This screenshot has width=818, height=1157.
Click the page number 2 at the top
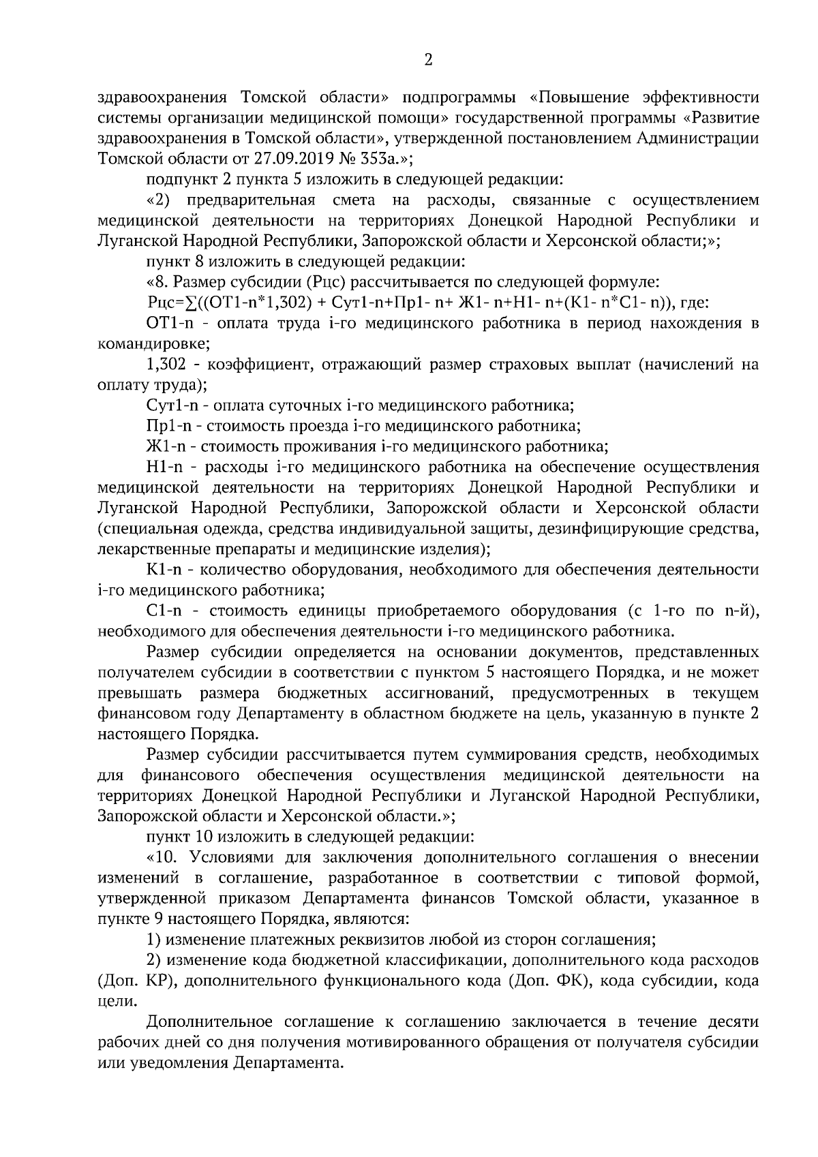(428, 61)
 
